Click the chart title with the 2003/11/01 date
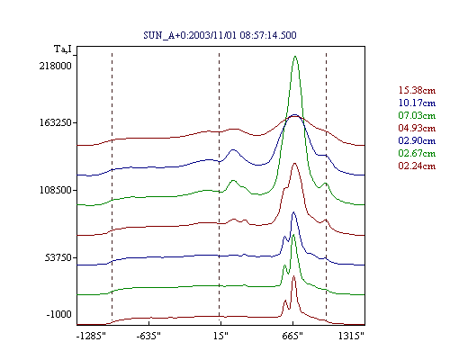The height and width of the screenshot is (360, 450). point(220,35)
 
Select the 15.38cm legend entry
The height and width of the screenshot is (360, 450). point(417,90)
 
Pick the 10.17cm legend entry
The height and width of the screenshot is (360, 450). point(417,103)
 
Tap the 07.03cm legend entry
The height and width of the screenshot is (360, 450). point(417,115)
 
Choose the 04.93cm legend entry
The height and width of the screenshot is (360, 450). point(417,128)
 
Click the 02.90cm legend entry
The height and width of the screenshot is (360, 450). point(417,140)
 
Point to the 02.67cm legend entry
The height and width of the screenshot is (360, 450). point(417,153)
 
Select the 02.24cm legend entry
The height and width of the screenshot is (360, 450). point(417,166)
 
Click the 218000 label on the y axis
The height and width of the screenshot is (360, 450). point(55,66)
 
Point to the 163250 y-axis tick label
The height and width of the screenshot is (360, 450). point(55,122)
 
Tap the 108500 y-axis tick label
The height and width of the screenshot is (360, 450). point(55,190)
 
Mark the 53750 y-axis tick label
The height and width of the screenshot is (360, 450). point(58,257)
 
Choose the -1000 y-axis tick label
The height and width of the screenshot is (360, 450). point(58,314)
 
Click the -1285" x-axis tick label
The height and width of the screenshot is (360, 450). point(91,336)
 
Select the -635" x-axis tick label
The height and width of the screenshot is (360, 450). point(148,336)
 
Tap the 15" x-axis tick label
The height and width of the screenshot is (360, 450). point(220,336)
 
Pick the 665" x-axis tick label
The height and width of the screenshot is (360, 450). point(292,336)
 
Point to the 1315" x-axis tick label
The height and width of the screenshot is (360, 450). point(351,336)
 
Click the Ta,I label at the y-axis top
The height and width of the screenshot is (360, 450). point(63,49)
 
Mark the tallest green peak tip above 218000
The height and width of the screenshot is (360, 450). point(295,56)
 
